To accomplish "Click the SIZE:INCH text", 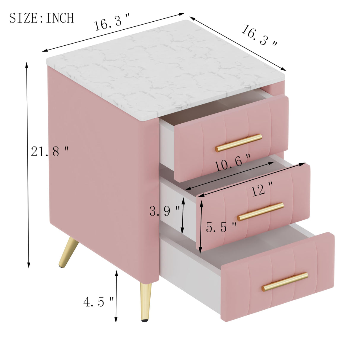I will click(x=42, y=18).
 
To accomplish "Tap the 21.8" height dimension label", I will click(x=50, y=152).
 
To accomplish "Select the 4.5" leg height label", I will click(x=98, y=302).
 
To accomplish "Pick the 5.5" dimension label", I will click(x=221, y=227).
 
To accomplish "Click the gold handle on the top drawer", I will click(x=239, y=143).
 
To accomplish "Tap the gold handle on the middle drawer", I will click(x=260, y=211).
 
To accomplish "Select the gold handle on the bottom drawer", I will click(x=285, y=281).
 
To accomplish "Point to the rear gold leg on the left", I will click(x=68, y=252).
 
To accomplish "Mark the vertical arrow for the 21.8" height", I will click(x=28, y=165).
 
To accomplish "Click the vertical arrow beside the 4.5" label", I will click(x=116, y=297).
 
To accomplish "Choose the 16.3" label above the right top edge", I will click(x=259, y=36).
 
